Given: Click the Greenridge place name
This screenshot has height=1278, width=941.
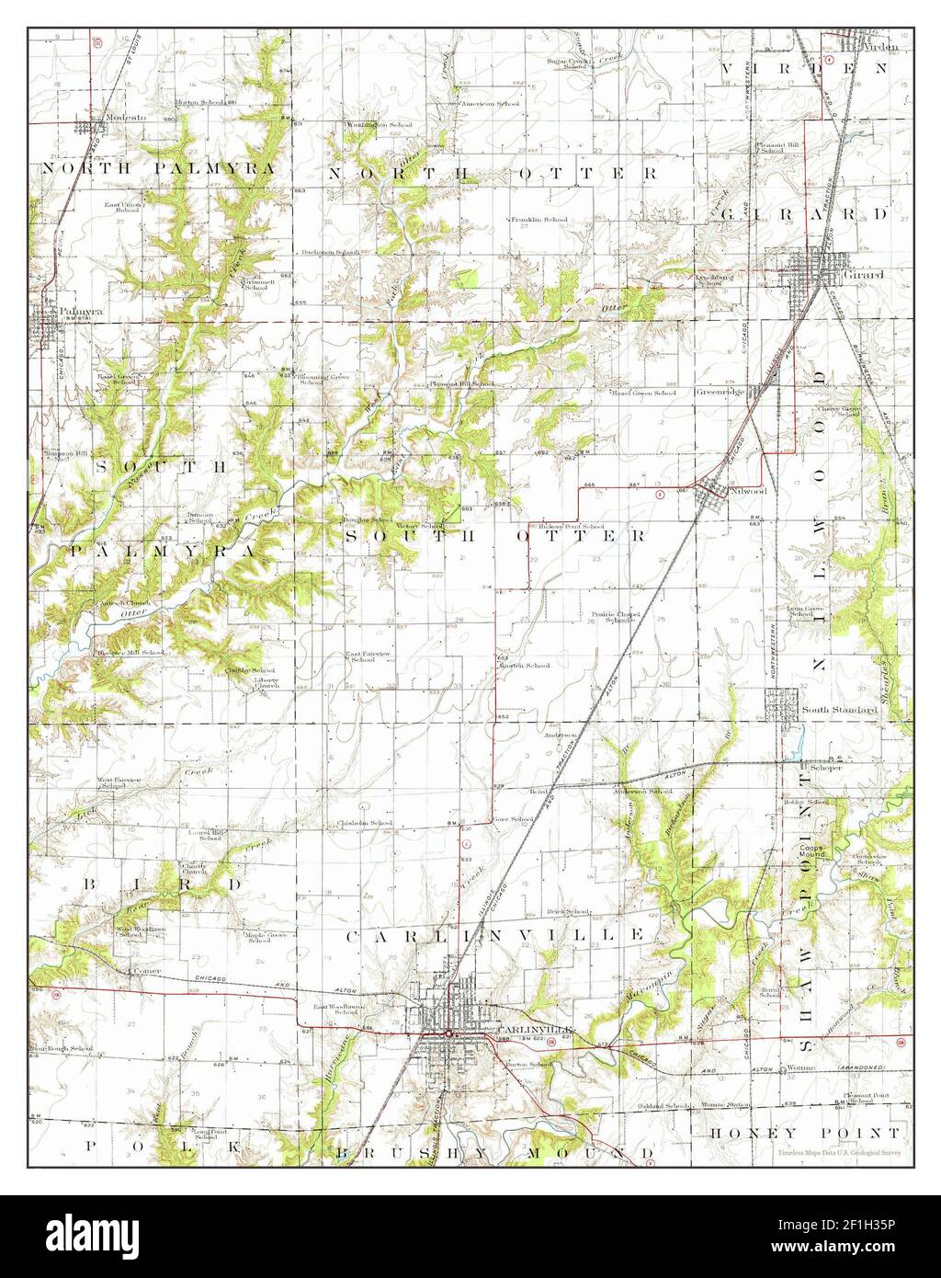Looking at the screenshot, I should point(719,392).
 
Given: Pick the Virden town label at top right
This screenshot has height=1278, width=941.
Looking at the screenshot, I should point(879,43).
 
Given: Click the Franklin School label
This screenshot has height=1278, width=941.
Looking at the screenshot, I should point(540,220).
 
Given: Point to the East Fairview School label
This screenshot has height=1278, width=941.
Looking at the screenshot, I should point(360,657).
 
